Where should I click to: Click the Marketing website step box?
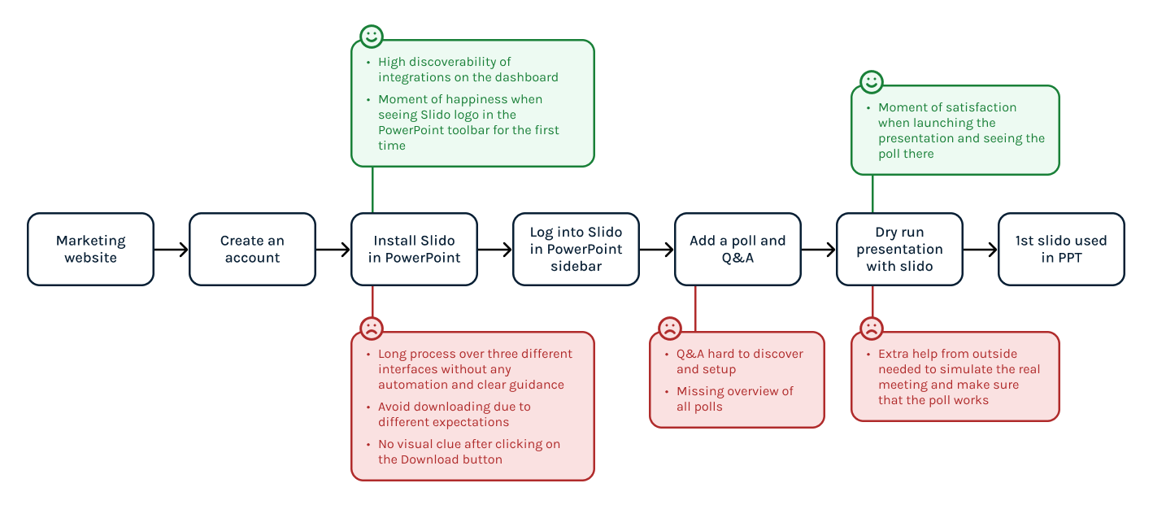click(x=90, y=250)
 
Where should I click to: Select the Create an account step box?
click(x=252, y=250)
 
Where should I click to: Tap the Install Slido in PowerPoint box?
click(x=414, y=250)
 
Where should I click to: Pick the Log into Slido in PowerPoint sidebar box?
click(x=576, y=250)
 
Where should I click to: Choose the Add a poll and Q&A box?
click(x=737, y=250)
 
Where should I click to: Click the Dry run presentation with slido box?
click(x=899, y=250)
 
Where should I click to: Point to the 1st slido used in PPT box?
click(x=1061, y=250)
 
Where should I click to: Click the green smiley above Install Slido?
click(x=372, y=37)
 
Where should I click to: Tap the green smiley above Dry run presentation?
click(x=872, y=82)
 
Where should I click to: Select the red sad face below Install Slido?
click(x=372, y=329)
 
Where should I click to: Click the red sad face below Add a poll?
click(x=670, y=329)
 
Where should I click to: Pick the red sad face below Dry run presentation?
click(x=872, y=329)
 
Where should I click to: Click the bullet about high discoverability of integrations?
click(x=468, y=70)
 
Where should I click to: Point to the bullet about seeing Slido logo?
click(x=468, y=122)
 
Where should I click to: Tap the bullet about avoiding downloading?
click(x=454, y=414)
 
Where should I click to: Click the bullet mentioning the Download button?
click(x=468, y=451)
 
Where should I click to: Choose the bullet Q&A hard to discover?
click(x=739, y=361)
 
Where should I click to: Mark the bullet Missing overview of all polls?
click(x=734, y=398)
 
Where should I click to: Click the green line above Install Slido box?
click(x=372, y=190)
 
